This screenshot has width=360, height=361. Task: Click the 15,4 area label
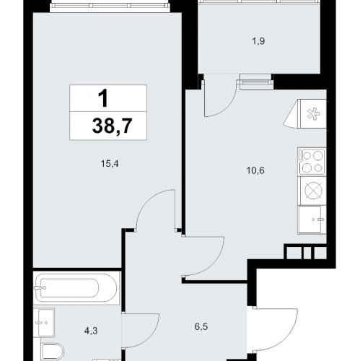click(110, 164)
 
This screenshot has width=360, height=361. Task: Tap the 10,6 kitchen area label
click(255, 170)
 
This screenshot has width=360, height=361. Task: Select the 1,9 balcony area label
click(258, 41)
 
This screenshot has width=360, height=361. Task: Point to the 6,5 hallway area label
click(201, 327)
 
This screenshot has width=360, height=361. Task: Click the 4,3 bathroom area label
click(91, 331)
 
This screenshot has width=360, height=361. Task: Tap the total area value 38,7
click(112, 126)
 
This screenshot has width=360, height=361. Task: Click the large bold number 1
click(103, 98)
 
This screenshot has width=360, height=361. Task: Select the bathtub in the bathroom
click(76, 288)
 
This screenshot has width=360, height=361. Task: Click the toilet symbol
click(53, 352)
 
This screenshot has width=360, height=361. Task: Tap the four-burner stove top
click(312, 161)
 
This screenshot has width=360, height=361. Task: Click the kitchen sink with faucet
click(312, 219)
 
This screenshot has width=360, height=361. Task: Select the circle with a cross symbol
click(313, 191)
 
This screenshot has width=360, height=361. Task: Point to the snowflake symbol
click(314, 113)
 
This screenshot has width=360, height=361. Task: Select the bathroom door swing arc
click(151, 337)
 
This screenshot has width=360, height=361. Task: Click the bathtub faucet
click(40, 287)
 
